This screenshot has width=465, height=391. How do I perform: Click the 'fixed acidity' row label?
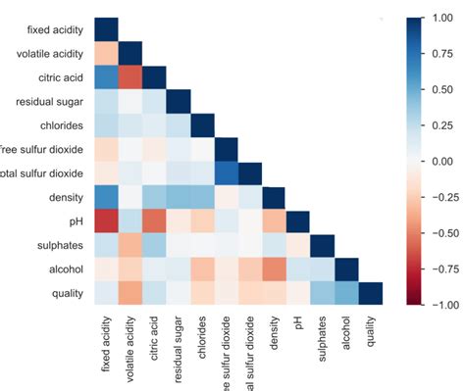tap(46, 29)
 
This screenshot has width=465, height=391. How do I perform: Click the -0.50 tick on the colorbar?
tap(442, 233)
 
